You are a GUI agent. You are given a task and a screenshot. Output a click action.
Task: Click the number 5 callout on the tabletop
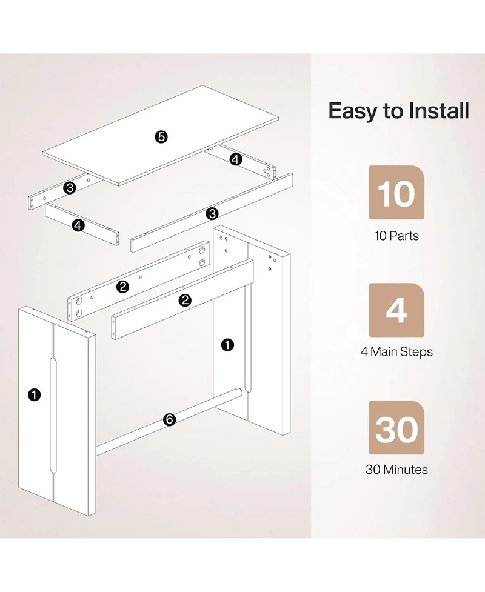click(x=161, y=137)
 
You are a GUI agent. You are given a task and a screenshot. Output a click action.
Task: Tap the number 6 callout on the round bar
click(x=170, y=419)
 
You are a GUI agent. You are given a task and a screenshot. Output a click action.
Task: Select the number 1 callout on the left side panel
click(x=35, y=395)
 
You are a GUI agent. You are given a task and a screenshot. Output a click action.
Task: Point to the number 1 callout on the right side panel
click(x=227, y=345)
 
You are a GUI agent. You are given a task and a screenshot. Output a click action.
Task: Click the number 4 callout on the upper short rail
click(x=236, y=159)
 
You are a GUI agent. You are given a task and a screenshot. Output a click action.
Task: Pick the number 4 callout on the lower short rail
click(x=78, y=225)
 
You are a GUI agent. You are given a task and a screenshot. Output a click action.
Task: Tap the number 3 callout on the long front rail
click(x=212, y=214)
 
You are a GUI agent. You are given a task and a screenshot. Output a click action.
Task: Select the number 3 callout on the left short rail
click(x=70, y=188)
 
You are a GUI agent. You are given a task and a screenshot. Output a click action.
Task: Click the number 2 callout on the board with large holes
click(x=122, y=287)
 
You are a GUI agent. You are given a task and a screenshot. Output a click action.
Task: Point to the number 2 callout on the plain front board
click(x=185, y=300)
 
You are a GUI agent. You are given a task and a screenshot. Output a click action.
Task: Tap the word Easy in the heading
click(x=353, y=111)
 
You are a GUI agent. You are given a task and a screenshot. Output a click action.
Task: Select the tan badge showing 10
click(x=396, y=193)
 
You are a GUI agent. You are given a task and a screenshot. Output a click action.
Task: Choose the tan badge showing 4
click(x=396, y=310)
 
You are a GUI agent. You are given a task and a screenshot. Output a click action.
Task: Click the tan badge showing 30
click(x=396, y=428)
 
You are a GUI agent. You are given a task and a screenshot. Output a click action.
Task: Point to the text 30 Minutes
click(x=396, y=470)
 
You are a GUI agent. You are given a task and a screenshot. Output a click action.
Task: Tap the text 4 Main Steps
click(x=396, y=352)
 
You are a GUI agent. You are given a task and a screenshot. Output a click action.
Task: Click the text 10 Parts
click(x=396, y=236)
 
